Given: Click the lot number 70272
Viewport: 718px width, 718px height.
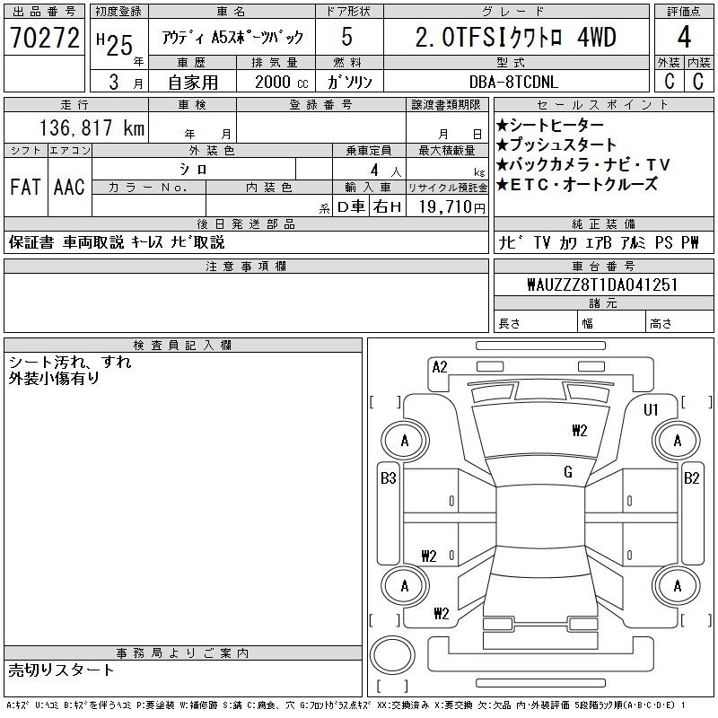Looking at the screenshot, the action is tap(45, 38).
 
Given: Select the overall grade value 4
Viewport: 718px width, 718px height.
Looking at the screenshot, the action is tap(684, 37).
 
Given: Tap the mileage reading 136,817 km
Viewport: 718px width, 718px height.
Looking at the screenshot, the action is tap(92, 127).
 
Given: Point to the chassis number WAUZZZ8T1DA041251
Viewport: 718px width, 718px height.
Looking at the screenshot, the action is tap(602, 285).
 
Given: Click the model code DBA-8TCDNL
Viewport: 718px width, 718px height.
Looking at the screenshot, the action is tap(513, 83).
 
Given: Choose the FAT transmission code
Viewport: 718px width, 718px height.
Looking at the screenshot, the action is tap(25, 187).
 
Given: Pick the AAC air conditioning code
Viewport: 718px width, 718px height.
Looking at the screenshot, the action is tap(69, 187).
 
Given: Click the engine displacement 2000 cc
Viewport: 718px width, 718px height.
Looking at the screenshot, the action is tap(281, 83).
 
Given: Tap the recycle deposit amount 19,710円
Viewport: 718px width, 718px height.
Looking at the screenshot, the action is tap(451, 207).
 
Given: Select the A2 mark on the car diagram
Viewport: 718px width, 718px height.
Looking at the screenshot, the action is tap(440, 367).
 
